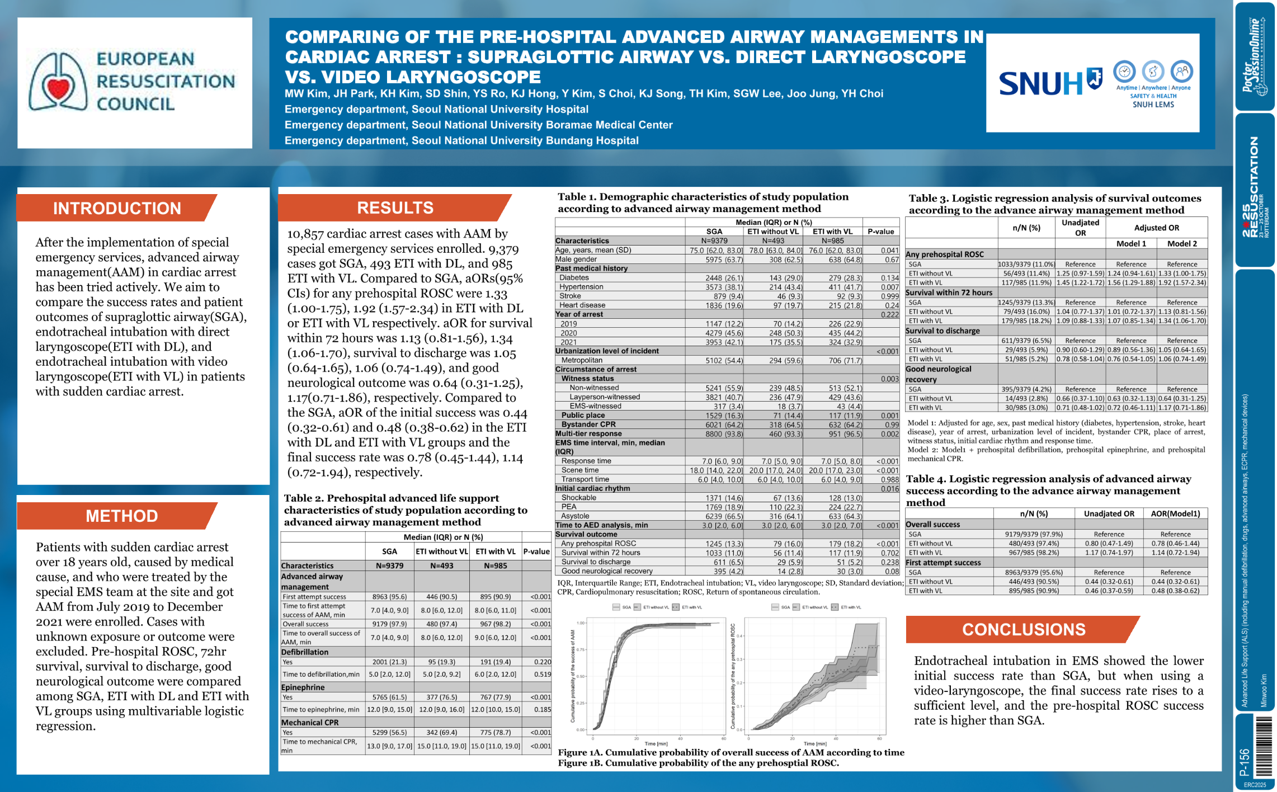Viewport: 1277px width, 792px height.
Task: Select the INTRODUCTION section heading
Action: tap(117, 208)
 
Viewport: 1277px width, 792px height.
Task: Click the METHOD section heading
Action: tap(121, 516)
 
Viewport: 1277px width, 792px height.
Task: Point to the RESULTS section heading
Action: tap(395, 208)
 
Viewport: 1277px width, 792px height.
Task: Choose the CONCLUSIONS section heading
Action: tap(1023, 629)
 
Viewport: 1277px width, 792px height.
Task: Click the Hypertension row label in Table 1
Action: tap(581, 287)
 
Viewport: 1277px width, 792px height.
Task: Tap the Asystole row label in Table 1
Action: tap(575, 516)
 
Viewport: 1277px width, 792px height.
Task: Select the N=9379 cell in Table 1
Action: tap(714, 241)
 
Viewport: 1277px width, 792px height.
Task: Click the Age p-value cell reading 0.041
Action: tap(889, 250)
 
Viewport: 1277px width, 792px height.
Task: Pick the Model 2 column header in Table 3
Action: tap(1182, 243)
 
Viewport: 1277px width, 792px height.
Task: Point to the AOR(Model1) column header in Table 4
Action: tap(1175, 513)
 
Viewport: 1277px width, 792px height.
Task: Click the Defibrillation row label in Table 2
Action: tap(305, 652)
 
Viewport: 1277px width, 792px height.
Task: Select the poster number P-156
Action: tap(1245, 762)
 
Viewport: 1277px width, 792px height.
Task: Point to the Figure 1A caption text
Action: tap(731, 752)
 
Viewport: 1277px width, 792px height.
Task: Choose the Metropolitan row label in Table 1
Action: tap(582, 360)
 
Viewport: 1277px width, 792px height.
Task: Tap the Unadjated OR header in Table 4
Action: tap(1109, 513)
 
